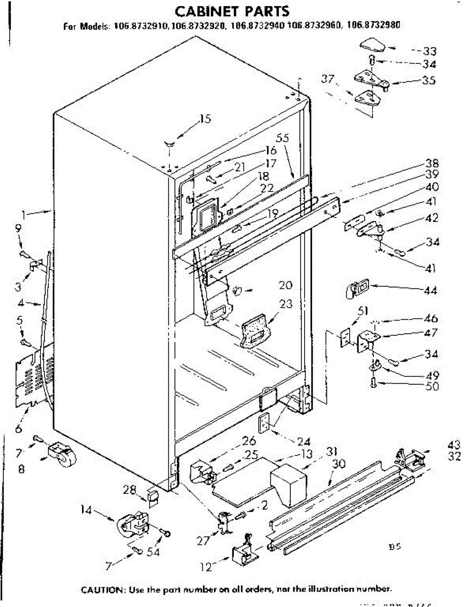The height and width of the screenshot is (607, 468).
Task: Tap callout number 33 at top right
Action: click(430, 51)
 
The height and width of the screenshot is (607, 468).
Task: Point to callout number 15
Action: click(205, 119)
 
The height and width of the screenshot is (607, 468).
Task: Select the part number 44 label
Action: click(431, 291)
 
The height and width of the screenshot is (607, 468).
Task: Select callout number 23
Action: click(286, 304)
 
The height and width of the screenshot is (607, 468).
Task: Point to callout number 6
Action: click(19, 429)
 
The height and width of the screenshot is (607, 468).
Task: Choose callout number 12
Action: click(206, 568)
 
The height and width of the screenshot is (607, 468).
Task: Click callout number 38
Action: click(432, 163)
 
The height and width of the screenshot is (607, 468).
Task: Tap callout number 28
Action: click(130, 489)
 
